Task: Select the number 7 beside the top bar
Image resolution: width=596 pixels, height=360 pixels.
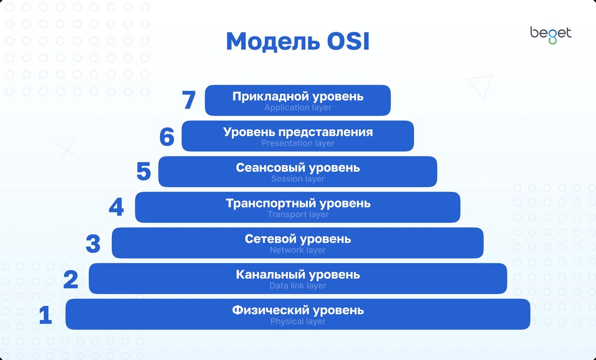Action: (189, 100)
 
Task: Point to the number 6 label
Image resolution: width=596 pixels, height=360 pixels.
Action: (167, 137)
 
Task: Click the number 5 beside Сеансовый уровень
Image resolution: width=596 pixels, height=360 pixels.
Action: (144, 172)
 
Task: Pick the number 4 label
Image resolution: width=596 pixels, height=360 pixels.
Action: (116, 208)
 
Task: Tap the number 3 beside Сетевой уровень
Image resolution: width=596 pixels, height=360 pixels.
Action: (93, 244)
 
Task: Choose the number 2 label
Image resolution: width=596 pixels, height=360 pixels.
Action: (71, 280)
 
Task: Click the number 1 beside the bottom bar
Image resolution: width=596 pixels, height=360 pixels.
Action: (46, 316)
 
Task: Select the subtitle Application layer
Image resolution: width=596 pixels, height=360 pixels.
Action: (298, 108)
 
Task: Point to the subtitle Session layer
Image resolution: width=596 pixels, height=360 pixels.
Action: (298, 179)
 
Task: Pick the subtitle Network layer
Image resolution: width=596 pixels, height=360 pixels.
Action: (298, 250)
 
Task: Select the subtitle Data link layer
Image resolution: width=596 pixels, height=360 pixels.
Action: (298, 286)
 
